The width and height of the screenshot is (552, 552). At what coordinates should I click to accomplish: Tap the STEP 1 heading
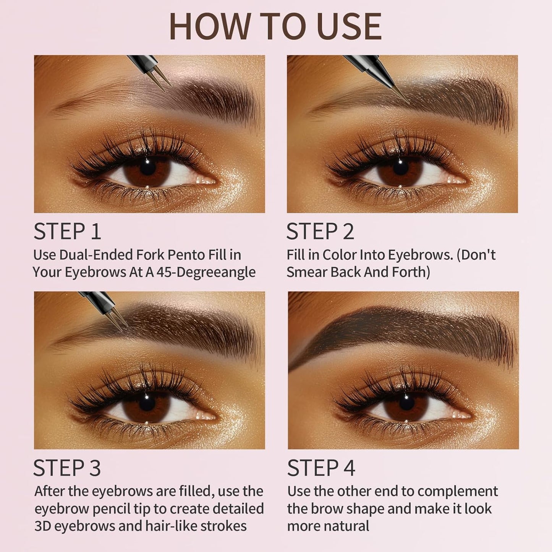pos(67,231)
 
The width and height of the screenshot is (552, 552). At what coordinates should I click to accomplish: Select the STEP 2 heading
pos(320,231)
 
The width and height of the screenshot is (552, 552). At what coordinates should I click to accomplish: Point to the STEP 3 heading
pos(67,468)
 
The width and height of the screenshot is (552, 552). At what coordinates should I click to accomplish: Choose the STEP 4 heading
pos(321,468)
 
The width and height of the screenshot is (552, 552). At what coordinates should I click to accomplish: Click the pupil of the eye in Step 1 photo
pos(147,167)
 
